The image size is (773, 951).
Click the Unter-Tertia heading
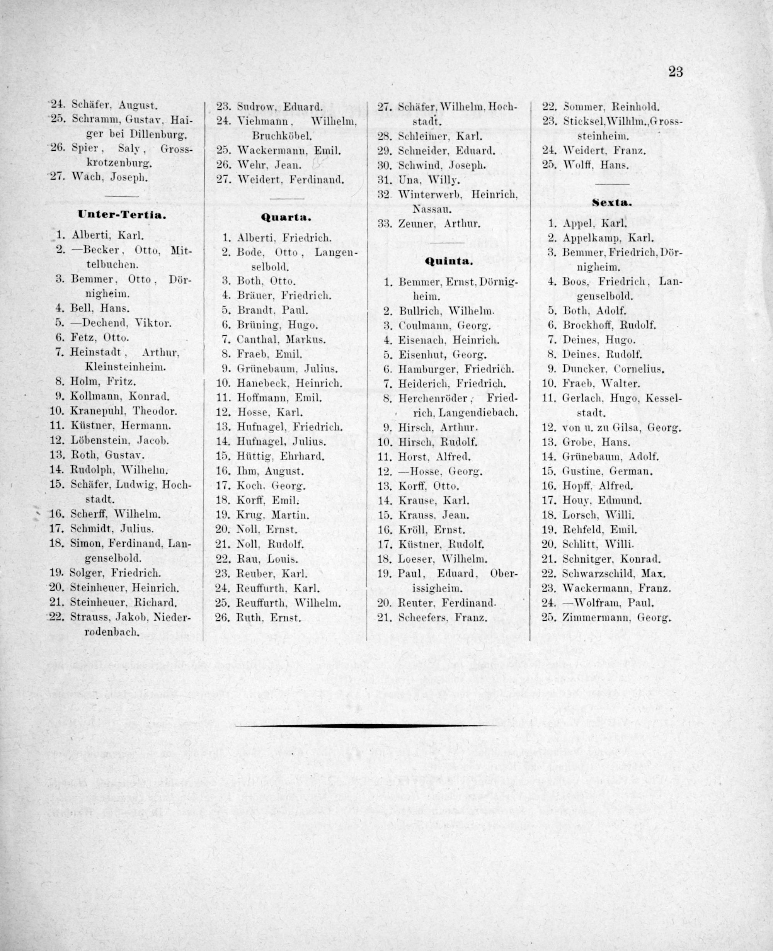pyautogui.click(x=122, y=214)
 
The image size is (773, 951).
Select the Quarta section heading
pyautogui.click(x=285, y=218)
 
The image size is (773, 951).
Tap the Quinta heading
pyautogui.click(x=448, y=261)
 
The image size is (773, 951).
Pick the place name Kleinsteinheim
pyautogui.click(x=125, y=367)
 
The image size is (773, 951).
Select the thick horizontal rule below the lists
pyautogui.click(x=365, y=726)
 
